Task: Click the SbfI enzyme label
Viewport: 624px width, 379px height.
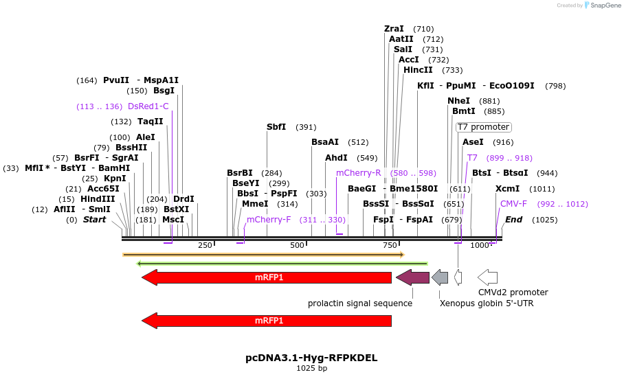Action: pyautogui.click(x=276, y=127)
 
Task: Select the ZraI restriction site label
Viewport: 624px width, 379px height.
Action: pyautogui.click(x=394, y=29)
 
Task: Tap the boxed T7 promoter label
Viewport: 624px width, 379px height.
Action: pyautogui.click(x=483, y=127)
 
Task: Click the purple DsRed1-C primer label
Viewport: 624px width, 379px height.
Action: pyautogui.click(x=148, y=106)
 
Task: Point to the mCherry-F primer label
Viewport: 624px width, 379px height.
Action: pyautogui.click(x=269, y=220)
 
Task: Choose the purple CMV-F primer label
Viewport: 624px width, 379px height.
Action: pyautogui.click(x=513, y=204)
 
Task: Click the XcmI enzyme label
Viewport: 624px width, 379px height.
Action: pyautogui.click(x=507, y=189)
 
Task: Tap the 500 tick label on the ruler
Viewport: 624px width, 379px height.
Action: pyautogui.click(x=297, y=246)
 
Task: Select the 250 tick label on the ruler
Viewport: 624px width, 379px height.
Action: pyautogui.click(x=205, y=246)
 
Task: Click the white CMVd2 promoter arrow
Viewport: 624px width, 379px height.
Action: pyautogui.click(x=487, y=277)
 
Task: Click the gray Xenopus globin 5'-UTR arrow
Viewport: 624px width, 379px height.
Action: pyautogui.click(x=440, y=277)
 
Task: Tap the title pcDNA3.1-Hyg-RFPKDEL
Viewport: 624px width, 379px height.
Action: pyautogui.click(x=311, y=358)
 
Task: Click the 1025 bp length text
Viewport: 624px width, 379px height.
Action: pyautogui.click(x=311, y=369)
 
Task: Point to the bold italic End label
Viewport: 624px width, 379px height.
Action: pyautogui.click(x=513, y=220)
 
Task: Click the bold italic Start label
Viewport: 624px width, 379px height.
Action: pyautogui.click(x=95, y=220)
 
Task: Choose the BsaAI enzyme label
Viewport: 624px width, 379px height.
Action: pyautogui.click(x=325, y=142)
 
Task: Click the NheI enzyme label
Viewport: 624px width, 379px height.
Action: pyautogui.click(x=458, y=101)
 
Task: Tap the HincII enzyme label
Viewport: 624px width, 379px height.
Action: pyautogui.click(x=418, y=70)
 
